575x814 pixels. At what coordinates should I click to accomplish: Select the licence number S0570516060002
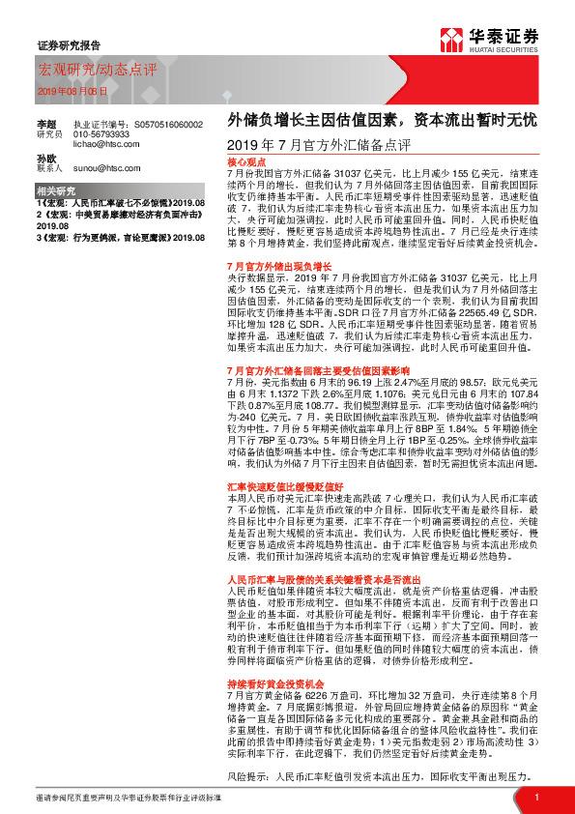(169, 125)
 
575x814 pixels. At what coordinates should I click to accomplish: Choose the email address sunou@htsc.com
(106, 167)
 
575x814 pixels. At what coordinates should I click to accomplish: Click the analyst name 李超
(45, 125)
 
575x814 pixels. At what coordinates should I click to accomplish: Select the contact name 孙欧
(45, 158)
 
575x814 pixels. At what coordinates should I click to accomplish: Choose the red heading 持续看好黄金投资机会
(276, 656)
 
